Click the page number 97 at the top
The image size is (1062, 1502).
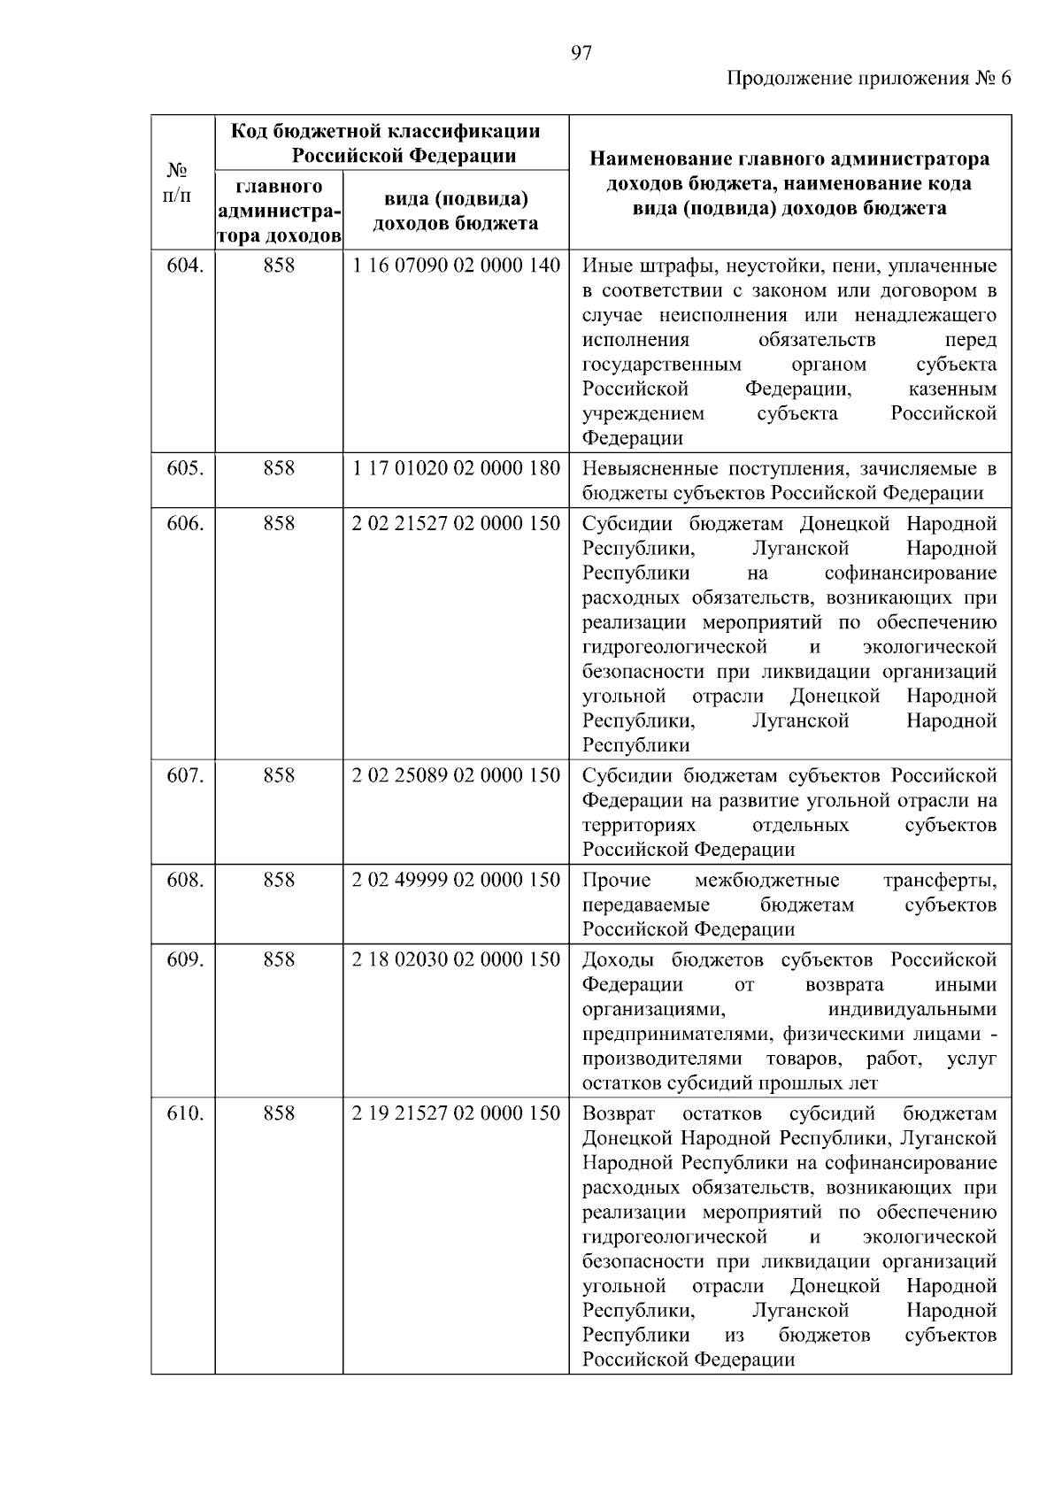[x=581, y=53]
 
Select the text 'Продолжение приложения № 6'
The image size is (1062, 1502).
[x=868, y=79]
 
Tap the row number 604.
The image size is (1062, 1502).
[x=185, y=266]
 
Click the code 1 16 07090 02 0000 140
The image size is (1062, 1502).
[x=456, y=266]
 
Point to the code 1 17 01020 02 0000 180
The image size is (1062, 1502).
[x=456, y=468]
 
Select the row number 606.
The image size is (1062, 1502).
[x=185, y=523]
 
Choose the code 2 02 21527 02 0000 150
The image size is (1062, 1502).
[x=456, y=523]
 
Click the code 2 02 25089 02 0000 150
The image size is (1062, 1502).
[x=456, y=775]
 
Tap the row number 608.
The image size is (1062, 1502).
[x=185, y=880]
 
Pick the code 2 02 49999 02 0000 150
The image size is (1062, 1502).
[x=456, y=880]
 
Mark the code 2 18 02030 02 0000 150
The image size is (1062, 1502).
[x=456, y=959]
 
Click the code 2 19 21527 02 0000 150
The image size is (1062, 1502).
[x=456, y=1113]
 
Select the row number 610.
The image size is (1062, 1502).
[x=185, y=1113]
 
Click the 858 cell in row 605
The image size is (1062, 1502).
[x=279, y=468]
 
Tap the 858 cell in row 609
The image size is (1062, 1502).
[x=279, y=959]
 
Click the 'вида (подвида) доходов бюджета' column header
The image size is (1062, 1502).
[x=456, y=211]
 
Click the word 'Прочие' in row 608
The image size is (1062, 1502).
[x=616, y=880]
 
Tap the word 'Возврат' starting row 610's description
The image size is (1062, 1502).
[x=619, y=1113]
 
